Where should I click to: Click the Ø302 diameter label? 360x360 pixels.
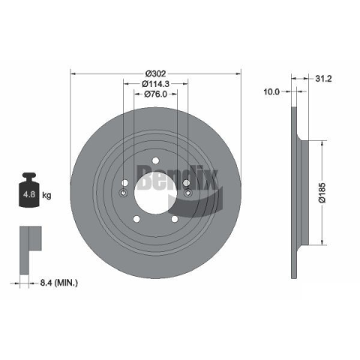pyautogui.click(x=155, y=73)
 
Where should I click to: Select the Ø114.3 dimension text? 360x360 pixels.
pyautogui.click(x=155, y=84)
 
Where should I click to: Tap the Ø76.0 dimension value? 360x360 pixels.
pyautogui.click(x=155, y=94)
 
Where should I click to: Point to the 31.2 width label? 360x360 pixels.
pyautogui.click(x=323, y=79)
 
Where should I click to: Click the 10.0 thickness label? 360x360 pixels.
pyautogui.click(x=271, y=91)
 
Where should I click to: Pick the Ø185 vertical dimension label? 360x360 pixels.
pyautogui.click(x=322, y=193)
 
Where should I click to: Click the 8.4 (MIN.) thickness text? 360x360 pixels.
pyautogui.click(x=59, y=283)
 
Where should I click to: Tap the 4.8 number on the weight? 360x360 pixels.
pyautogui.click(x=29, y=194)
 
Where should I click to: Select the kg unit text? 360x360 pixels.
pyautogui.click(x=46, y=195)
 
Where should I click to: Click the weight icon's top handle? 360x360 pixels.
pyautogui.click(x=29, y=176)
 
